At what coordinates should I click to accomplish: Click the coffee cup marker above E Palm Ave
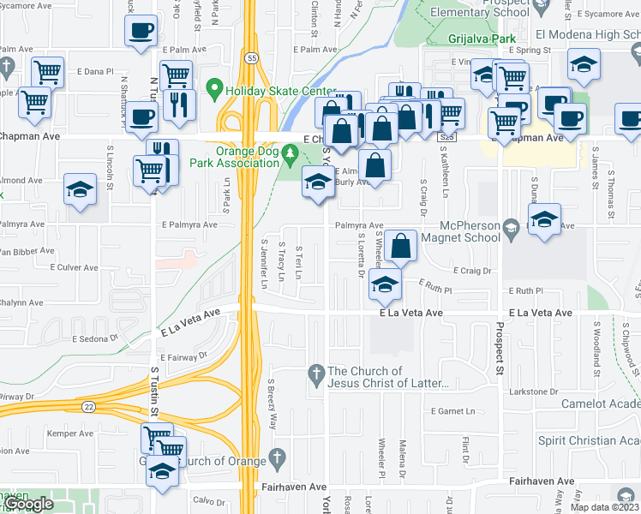coord(141,31)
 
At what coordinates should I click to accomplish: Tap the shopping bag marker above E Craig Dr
coord(400,246)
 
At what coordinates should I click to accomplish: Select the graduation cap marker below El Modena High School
coord(584,64)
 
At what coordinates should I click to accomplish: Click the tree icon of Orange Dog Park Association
coord(291,155)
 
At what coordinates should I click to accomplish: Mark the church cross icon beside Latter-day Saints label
coord(316,374)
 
